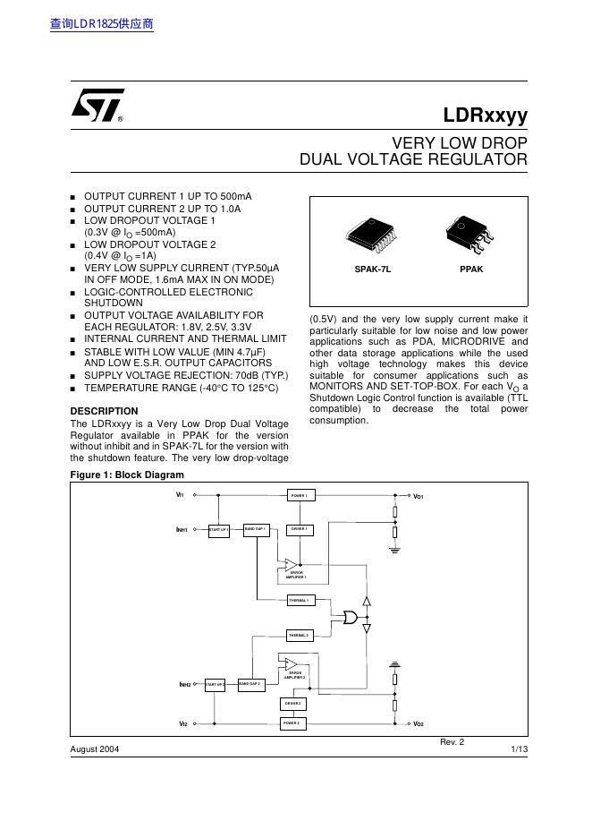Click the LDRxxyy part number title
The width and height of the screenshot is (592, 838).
486,115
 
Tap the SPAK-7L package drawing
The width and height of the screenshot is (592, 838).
373,235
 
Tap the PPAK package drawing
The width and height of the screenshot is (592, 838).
470,235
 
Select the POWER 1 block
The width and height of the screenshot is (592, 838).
299,495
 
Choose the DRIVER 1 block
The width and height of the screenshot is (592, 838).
299,529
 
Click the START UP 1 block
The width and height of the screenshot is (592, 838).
219,530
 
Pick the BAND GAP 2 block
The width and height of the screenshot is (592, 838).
249,684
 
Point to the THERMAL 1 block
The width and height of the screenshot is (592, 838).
299,600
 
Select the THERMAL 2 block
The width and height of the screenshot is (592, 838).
299,635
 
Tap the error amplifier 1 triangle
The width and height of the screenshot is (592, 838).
292,564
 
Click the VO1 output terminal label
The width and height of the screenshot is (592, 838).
418,495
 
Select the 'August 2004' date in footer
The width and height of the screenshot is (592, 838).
95,748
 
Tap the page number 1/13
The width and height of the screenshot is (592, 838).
519,748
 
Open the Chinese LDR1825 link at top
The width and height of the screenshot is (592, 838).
102,24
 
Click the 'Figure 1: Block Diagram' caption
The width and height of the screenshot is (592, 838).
126,475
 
